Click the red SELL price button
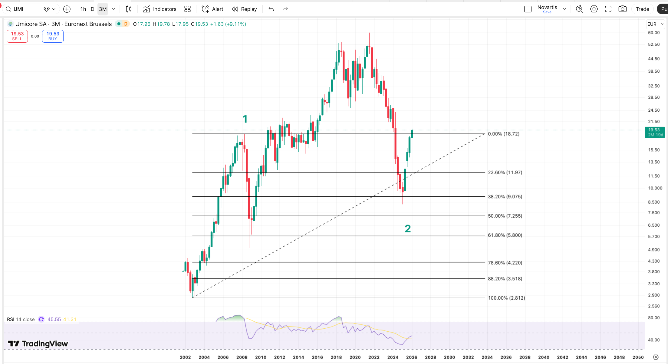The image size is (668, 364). pos(17,36)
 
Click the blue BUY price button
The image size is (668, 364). pos(53,36)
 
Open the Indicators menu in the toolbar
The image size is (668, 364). pos(160,9)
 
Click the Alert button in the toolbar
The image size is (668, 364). pos(212,9)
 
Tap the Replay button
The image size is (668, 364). pos(244,9)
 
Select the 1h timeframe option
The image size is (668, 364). pos(83,9)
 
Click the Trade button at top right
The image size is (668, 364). pos(642,9)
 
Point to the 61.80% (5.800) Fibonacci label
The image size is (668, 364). pos(505,235)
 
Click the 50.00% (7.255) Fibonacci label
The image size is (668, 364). pos(505,216)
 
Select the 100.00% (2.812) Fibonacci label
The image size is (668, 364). pos(506,298)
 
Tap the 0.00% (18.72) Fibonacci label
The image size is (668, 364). pos(504,134)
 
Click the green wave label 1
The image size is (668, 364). pos(245,119)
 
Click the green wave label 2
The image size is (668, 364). pos(408,229)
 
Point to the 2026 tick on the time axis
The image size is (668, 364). pos(412,357)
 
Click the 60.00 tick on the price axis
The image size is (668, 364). pos(653,33)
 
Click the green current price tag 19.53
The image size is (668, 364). pos(655,132)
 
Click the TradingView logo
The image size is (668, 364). pos(38,343)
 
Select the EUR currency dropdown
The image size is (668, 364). pos(655,24)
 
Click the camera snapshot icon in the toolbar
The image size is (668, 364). pos(622,9)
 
